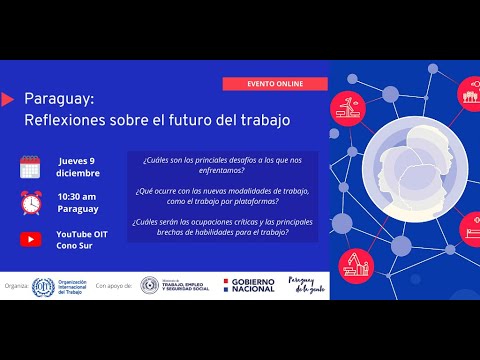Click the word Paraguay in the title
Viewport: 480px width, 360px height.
59,101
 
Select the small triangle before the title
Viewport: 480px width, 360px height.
8,99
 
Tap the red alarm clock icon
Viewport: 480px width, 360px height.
30,202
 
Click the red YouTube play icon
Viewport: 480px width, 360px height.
30,239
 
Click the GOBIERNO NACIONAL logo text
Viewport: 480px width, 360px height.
252,286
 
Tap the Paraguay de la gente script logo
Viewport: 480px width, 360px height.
306,285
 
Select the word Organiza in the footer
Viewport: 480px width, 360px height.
15,286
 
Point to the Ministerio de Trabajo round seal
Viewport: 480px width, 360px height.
149,286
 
